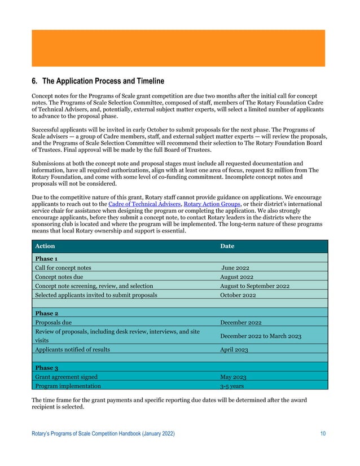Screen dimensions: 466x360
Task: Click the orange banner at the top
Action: point(178,49)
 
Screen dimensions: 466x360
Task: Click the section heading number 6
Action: point(34,81)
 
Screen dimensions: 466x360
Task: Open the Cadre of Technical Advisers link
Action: point(141,204)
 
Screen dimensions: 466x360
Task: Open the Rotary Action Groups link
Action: point(208,204)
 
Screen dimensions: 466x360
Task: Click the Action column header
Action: point(45,247)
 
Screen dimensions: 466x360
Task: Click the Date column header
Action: point(227,247)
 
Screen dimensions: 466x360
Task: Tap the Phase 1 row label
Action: point(46,258)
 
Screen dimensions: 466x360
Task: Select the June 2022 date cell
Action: point(235,268)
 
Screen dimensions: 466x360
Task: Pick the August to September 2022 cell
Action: point(254,286)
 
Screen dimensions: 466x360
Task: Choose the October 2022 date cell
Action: point(238,295)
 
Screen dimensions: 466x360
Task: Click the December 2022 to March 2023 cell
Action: point(260,336)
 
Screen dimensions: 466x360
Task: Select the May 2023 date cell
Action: point(232,377)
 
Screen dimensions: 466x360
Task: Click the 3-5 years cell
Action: point(231,386)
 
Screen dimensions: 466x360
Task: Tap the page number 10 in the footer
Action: point(322,433)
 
